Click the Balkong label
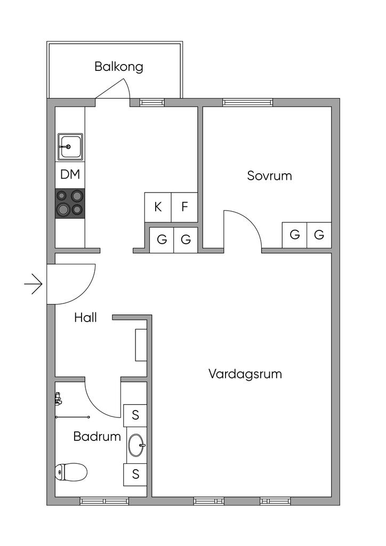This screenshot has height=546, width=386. pos(119,67)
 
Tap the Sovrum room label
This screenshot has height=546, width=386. pos(269,175)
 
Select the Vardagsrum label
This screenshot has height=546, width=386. pos(245,374)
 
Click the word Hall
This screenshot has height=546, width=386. pos(85,318)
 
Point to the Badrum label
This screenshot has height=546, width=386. pos(97,436)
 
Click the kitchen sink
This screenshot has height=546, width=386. pos(70,147)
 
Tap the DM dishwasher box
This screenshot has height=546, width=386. pos(70,174)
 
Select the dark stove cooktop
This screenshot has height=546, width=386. pos(70,203)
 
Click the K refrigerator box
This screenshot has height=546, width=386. pos(158,207)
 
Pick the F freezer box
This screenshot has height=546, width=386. pos(184,207)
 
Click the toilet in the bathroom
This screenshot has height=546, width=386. pos(71,472)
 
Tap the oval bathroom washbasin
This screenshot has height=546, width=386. pos(136,445)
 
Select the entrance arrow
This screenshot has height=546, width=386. pos(34,284)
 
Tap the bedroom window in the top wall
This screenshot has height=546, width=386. pos(247,102)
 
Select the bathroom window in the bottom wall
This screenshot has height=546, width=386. pos(104,501)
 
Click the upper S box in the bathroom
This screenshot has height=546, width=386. pos(135,415)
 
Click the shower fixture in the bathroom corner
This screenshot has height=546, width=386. pos(59,398)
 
